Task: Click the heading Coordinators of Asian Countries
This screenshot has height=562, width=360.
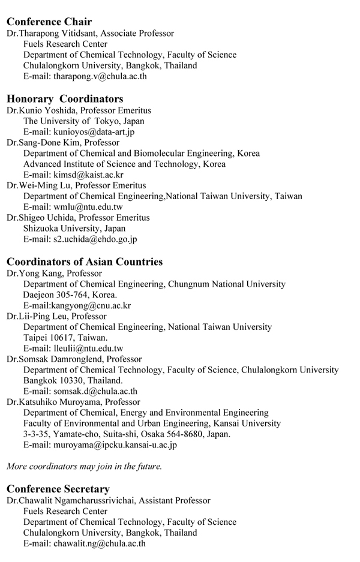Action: tap(85, 262)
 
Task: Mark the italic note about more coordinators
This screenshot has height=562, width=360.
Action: tap(84, 466)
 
